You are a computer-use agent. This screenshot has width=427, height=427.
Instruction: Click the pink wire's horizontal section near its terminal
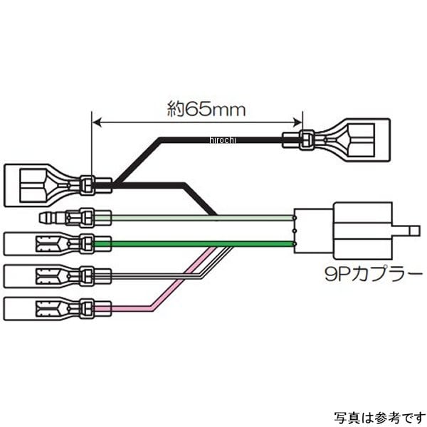(x=128, y=308)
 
